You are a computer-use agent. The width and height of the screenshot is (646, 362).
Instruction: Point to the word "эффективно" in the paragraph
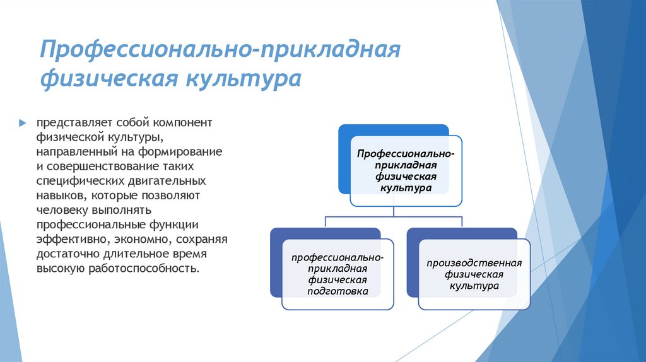[69, 240]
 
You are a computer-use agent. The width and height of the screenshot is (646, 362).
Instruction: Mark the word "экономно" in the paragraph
[139, 240]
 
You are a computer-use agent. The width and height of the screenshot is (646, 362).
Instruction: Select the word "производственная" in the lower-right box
[474, 262]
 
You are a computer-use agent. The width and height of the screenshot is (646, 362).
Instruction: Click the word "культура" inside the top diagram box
[405, 188]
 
